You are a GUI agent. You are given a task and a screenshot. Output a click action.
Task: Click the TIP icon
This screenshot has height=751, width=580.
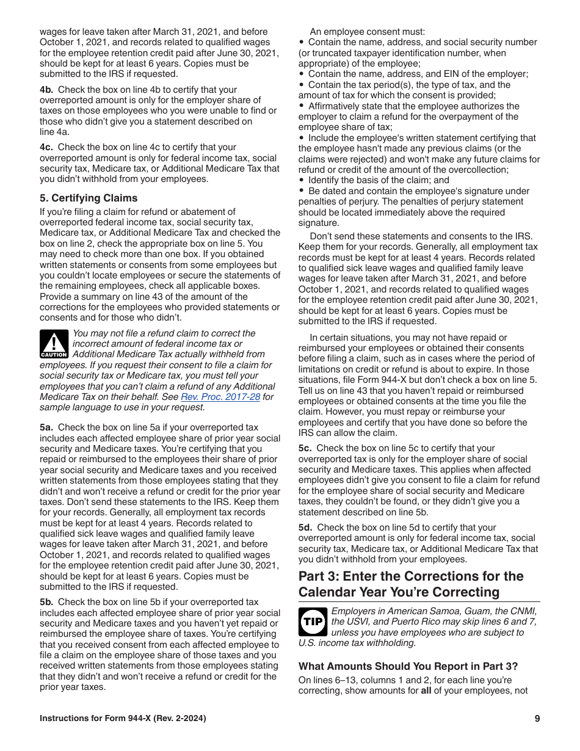tap(313, 622)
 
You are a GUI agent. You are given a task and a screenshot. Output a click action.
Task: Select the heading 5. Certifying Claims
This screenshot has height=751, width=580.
tap(89, 198)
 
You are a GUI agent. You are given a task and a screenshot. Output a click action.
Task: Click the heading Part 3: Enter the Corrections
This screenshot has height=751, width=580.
tap(411, 584)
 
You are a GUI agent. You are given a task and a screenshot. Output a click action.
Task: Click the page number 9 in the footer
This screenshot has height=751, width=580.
tap(537, 719)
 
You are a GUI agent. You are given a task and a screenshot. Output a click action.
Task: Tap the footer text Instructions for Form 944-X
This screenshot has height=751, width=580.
tap(123, 719)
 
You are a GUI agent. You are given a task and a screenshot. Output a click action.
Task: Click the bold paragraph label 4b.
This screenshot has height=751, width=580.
tap(46, 90)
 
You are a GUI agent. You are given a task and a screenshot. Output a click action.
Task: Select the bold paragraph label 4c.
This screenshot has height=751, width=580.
tap(46, 147)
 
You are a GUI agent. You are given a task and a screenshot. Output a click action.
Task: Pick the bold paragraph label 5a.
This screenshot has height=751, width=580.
tap(46, 428)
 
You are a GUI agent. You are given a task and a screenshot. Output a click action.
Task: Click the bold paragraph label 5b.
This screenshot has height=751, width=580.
tap(46, 602)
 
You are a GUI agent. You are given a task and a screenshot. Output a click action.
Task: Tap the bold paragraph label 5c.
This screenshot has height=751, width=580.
tap(305, 448)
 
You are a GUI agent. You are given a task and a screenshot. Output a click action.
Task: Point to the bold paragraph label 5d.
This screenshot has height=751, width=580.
tap(305, 528)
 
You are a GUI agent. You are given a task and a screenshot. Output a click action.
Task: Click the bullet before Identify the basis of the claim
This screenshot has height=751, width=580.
tap(302, 180)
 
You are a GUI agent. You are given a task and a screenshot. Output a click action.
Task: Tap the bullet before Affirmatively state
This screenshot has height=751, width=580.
tap(302, 106)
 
